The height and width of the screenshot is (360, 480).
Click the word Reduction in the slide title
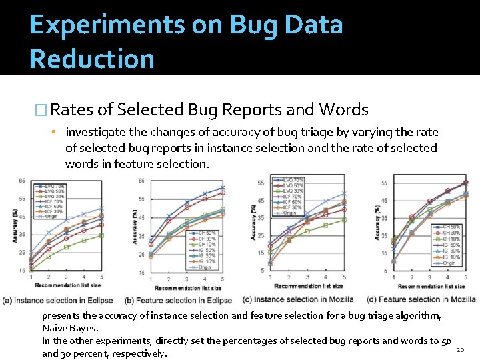tap(92, 59)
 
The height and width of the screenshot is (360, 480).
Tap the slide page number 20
tap(459, 350)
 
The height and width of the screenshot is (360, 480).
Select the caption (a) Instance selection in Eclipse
tap(59, 301)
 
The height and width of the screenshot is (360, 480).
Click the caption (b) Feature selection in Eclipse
tap(179, 301)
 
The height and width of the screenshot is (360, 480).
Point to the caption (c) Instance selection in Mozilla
tap(298, 299)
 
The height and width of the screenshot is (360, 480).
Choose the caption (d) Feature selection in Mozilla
tap(421, 299)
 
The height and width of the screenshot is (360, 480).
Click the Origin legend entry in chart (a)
tap(52, 216)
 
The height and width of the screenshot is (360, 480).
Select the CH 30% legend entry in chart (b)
tap(207, 239)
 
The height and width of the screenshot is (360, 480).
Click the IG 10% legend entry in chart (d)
tap(451, 257)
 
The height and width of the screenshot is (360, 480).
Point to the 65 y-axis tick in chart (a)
tap(22, 181)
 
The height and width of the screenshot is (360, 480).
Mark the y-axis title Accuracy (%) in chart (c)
tap(253, 223)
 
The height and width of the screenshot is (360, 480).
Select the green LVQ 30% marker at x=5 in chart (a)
tap(101, 235)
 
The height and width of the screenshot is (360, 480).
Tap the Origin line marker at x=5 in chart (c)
tap(344, 193)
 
